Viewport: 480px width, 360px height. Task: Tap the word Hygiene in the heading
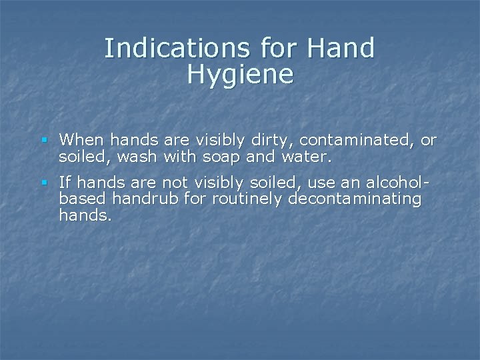coord(240,74)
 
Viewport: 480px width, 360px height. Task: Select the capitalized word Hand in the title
coord(342,48)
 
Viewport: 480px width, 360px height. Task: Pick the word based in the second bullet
coord(79,199)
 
